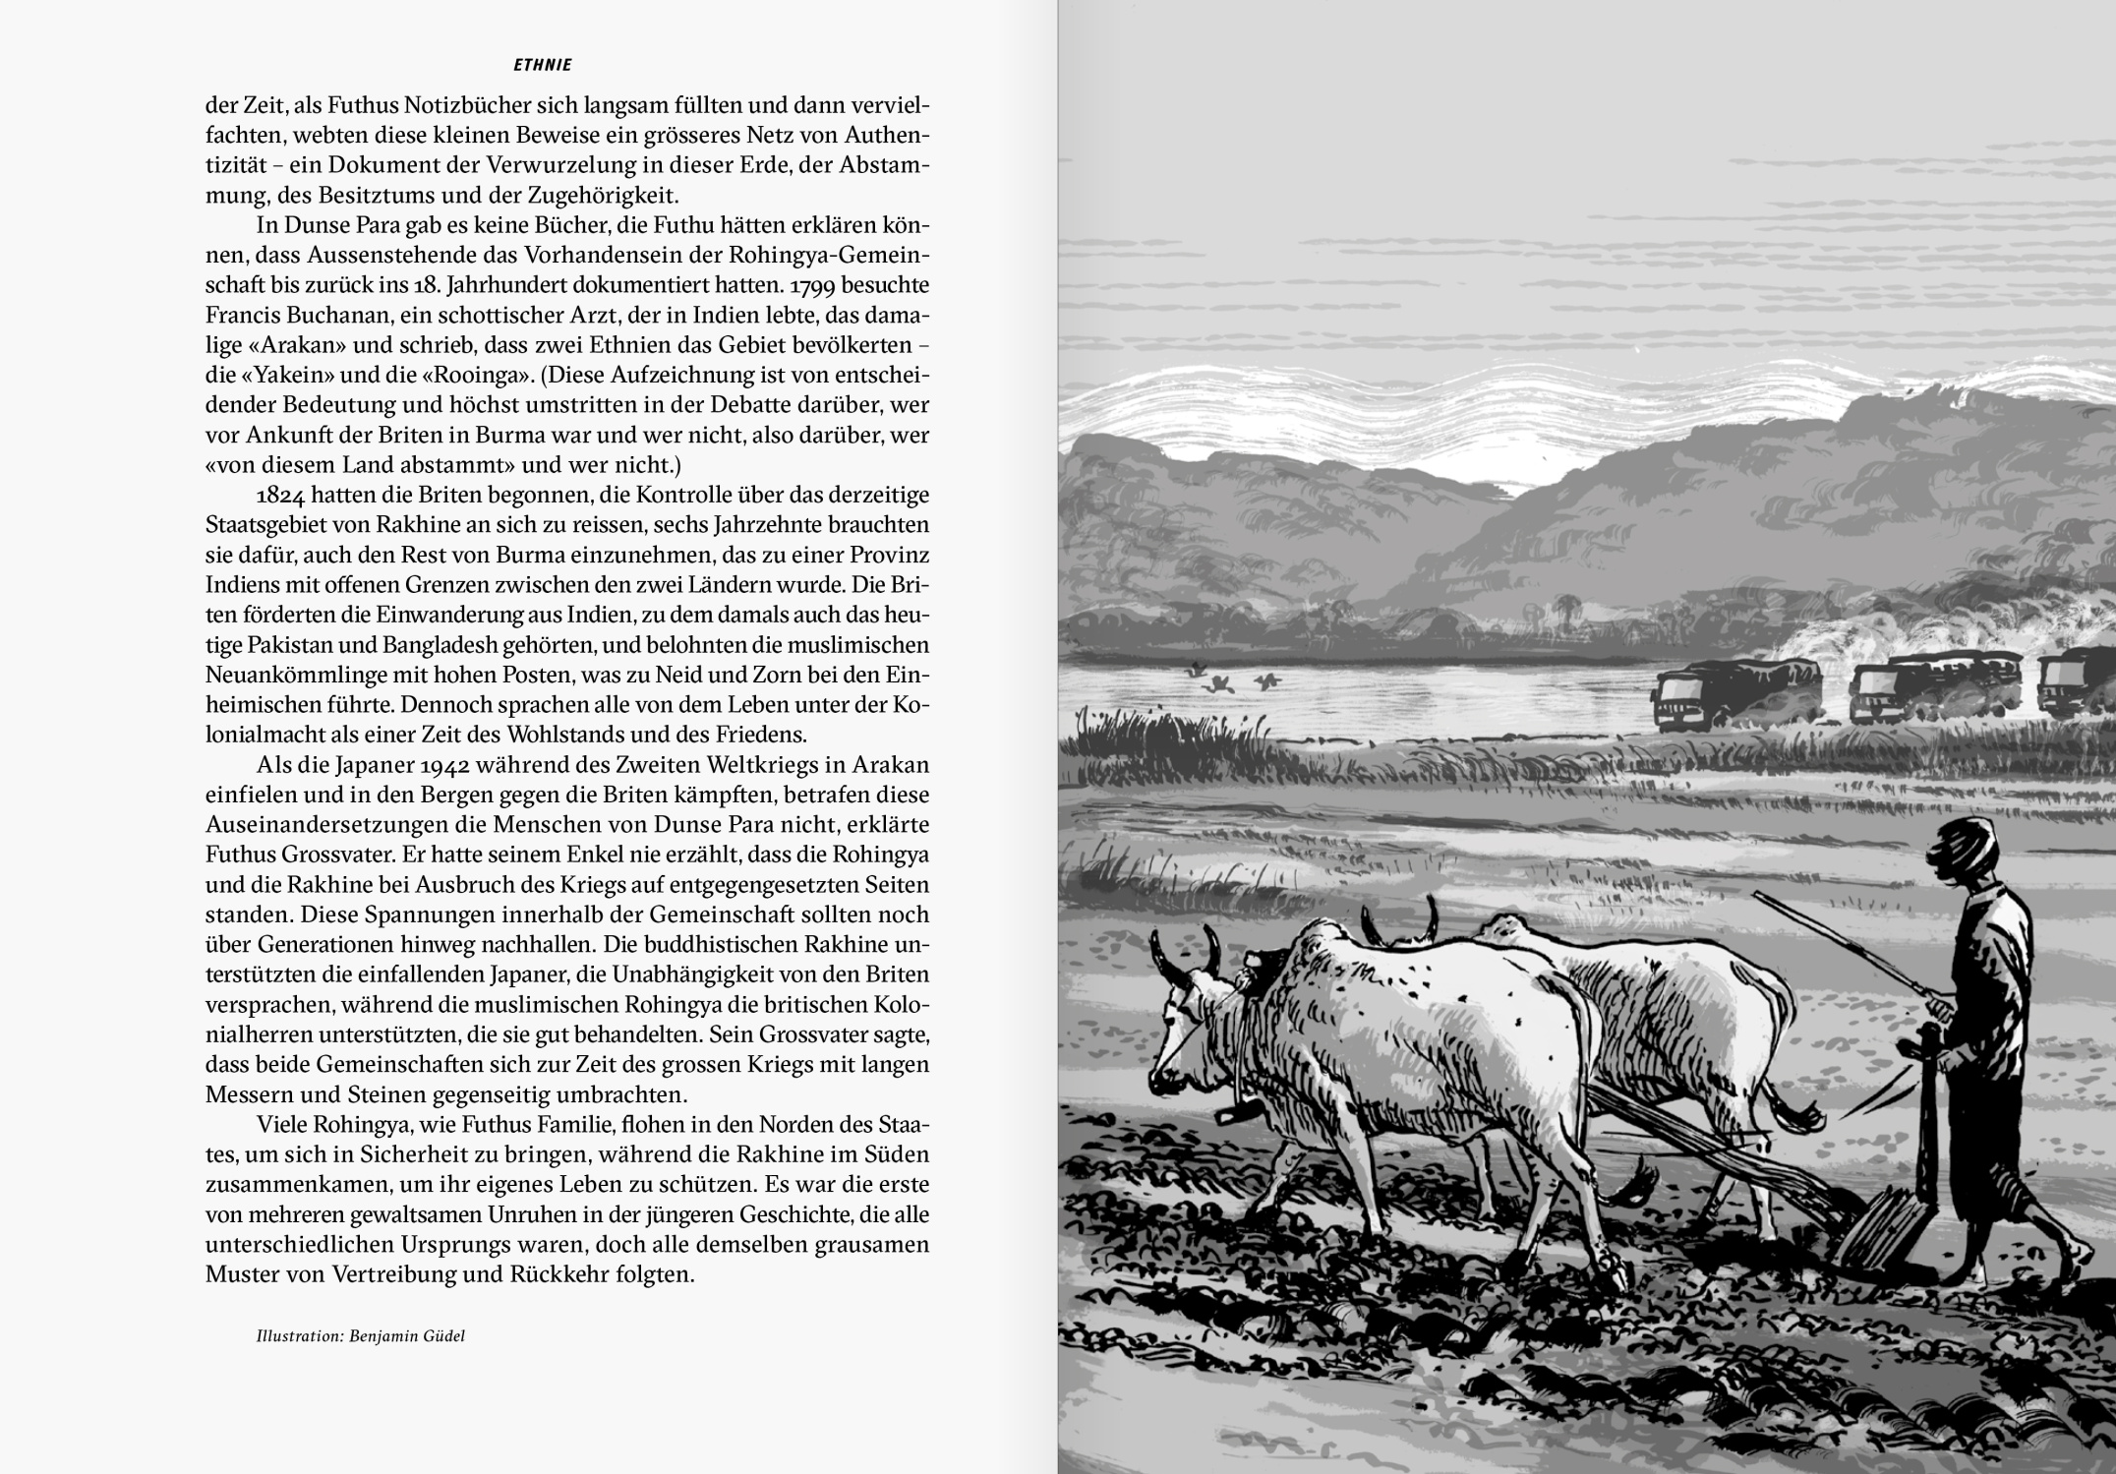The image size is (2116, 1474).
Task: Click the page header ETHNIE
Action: coord(543,66)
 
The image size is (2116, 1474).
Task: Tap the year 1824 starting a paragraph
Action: coord(283,495)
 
